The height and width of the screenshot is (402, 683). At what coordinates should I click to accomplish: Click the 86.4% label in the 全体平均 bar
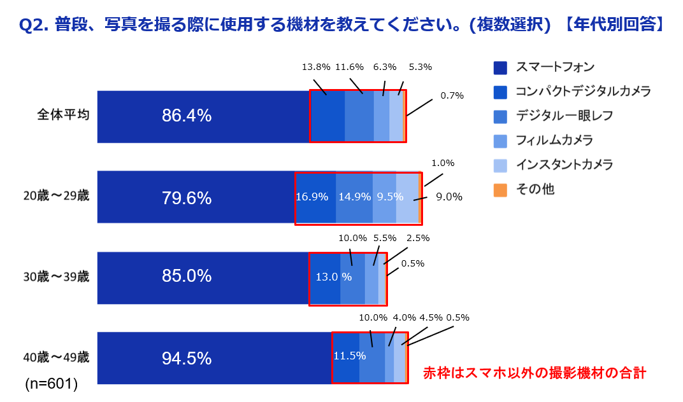pyautogui.click(x=187, y=116)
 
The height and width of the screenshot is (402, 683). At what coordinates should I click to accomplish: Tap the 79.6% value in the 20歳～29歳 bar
pyautogui.click(x=187, y=198)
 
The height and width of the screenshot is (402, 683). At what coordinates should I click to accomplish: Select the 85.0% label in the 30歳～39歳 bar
pyautogui.click(x=187, y=276)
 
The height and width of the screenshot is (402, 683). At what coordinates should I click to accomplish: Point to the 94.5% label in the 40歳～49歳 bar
pyautogui.click(x=187, y=358)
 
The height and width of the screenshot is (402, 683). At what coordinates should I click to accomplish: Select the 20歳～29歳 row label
pyautogui.click(x=56, y=197)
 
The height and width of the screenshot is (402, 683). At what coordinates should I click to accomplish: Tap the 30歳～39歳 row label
pyautogui.click(x=56, y=277)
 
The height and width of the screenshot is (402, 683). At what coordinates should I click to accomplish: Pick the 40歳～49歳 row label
pyautogui.click(x=56, y=357)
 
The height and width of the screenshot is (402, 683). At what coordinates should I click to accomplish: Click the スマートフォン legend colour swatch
pyautogui.click(x=500, y=67)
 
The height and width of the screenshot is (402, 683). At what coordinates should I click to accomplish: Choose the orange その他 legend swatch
pyautogui.click(x=500, y=190)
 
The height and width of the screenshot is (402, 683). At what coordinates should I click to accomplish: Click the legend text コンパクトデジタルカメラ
pyautogui.click(x=583, y=92)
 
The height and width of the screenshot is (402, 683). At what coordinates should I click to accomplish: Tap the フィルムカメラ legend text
pyautogui.click(x=554, y=140)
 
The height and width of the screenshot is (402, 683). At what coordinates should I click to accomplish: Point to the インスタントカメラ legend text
pyautogui.click(x=564, y=165)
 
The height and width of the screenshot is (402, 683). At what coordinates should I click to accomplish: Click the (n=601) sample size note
pyautogui.click(x=51, y=384)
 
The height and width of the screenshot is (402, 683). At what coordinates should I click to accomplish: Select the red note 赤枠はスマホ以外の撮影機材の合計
pyautogui.click(x=535, y=373)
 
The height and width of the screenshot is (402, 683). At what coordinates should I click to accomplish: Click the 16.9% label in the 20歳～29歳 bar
pyautogui.click(x=312, y=197)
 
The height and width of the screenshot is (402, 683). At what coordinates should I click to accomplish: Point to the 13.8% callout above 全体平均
pyautogui.click(x=316, y=67)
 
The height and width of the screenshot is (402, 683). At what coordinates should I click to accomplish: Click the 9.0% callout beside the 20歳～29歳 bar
pyautogui.click(x=449, y=197)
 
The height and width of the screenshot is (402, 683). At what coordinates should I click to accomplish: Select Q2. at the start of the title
pyautogui.click(x=33, y=25)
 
